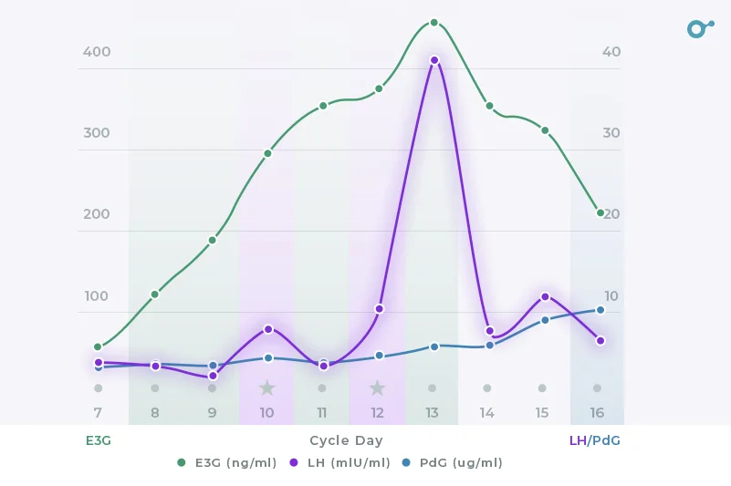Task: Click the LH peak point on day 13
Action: point(434,60)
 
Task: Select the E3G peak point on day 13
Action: point(434,23)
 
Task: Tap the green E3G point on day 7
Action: point(98,346)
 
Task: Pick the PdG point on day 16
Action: point(600,310)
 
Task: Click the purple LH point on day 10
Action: point(268,328)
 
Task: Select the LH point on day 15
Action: point(545,296)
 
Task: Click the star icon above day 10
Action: point(266,388)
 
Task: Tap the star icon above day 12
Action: point(378,388)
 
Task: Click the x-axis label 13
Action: point(433,413)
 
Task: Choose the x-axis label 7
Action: point(98,413)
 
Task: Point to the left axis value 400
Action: point(97,52)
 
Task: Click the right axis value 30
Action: point(611,133)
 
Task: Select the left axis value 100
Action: point(97,296)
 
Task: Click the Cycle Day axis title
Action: point(346,440)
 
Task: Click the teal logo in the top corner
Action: point(699,28)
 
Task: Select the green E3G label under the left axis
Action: point(99,440)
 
